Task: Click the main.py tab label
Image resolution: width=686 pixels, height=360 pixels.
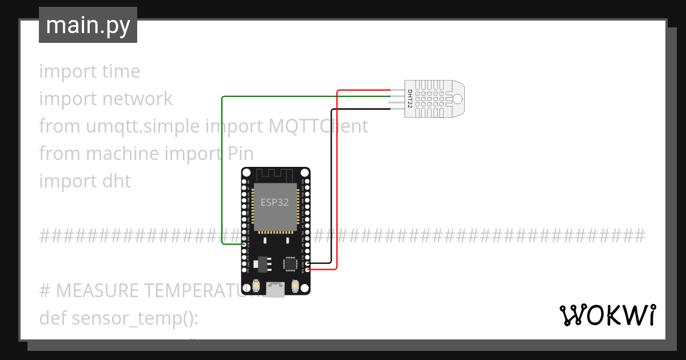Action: coord(87,25)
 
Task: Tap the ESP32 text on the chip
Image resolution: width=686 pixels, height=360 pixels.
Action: coord(275,202)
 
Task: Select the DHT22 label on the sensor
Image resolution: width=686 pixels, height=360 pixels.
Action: coord(410,98)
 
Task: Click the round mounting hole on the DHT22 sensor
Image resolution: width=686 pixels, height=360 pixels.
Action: coord(457,98)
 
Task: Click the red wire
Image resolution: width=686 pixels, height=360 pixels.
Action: coord(337,171)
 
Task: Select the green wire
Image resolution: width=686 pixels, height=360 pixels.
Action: coord(222,171)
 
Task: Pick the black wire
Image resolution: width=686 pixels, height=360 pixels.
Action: coord(330,183)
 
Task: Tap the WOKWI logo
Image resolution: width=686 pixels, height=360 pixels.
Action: coord(607,315)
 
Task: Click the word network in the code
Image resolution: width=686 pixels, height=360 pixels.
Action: coord(137,99)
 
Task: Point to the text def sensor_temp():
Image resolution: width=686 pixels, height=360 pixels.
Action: coord(118,318)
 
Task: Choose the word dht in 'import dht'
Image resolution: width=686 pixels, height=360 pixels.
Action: coord(117,181)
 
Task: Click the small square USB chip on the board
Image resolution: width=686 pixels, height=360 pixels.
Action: coord(290,263)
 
